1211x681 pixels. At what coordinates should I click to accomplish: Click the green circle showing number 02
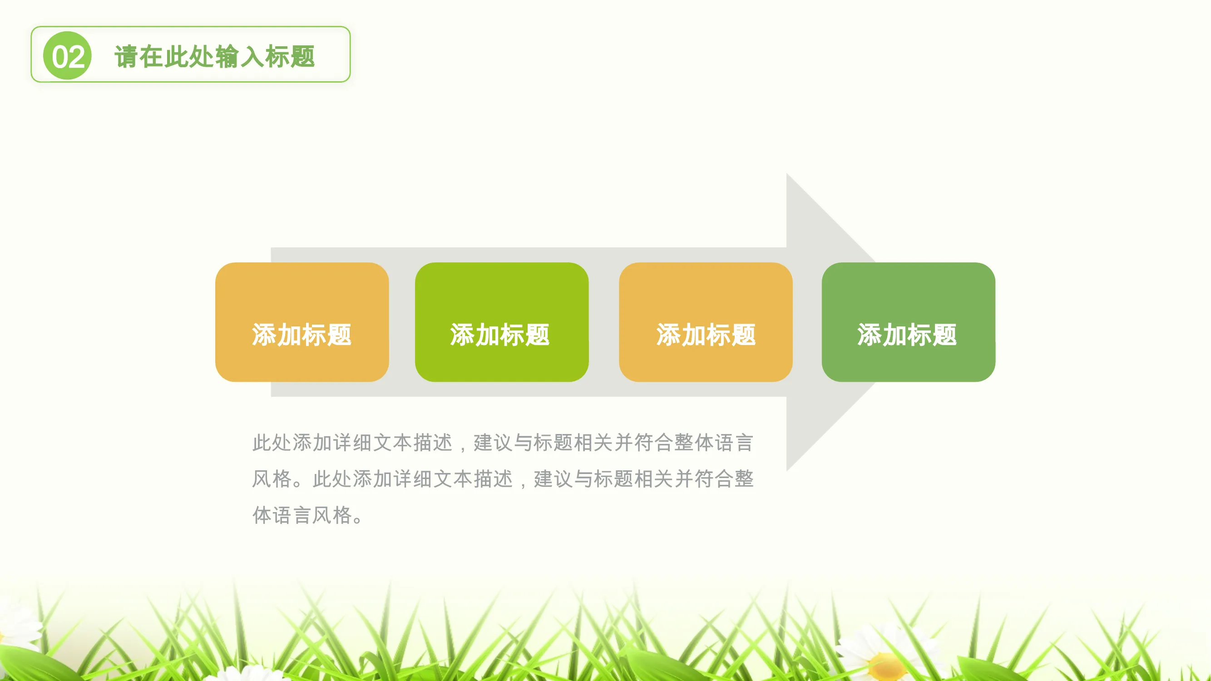[x=67, y=55]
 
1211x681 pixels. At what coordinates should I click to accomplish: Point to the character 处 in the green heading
[x=202, y=57]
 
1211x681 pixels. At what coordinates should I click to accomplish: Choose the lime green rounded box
[x=502, y=322]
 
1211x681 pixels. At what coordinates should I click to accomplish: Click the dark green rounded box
[x=908, y=322]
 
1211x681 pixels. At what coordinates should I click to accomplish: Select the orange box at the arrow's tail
[x=302, y=322]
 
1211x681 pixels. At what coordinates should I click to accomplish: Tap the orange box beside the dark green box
[x=706, y=322]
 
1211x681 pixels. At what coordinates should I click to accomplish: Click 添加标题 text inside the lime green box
[x=500, y=335]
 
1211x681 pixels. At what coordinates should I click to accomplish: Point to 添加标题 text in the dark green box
[x=907, y=335]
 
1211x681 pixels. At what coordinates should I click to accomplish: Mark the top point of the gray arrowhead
[x=787, y=173]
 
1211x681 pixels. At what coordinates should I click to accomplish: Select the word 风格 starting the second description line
[x=272, y=479]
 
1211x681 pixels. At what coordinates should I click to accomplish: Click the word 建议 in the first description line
[x=493, y=443]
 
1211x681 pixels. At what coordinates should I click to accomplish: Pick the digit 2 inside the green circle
[x=77, y=57]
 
